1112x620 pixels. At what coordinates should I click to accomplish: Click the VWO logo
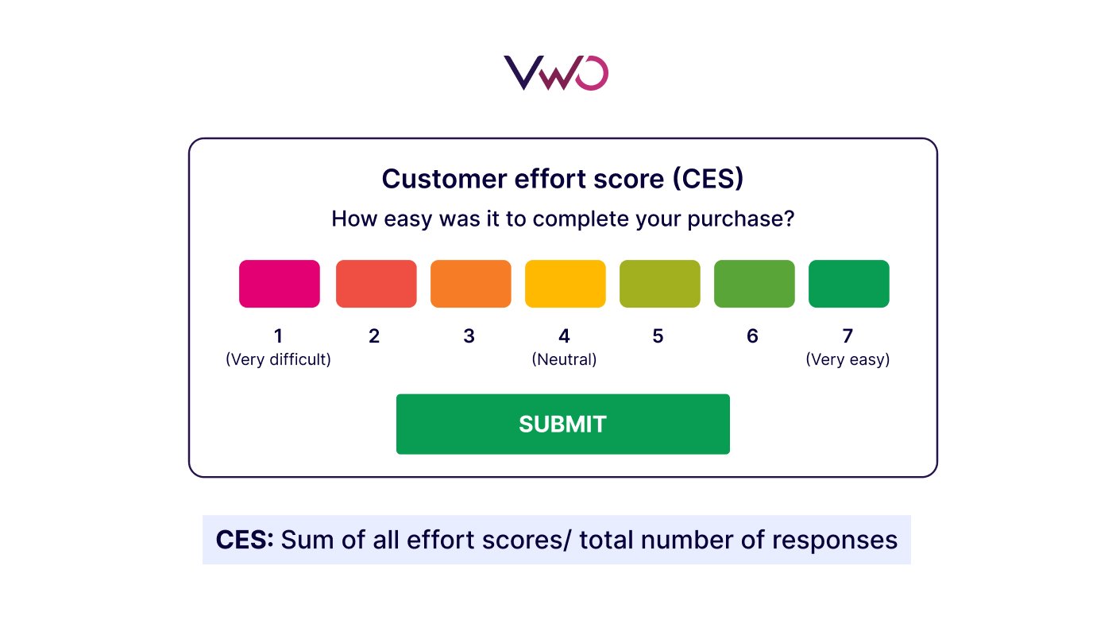tap(556, 72)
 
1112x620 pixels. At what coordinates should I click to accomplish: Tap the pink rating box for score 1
tap(280, 284)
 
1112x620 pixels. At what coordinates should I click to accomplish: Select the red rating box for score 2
tap(376, 284)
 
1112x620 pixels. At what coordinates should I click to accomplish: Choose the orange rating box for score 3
tap(470, 284)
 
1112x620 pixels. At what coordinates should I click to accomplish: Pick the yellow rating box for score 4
tap(565, 284)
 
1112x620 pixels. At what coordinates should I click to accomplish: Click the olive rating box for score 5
tap(659, 284)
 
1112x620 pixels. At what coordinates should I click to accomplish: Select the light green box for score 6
tap(754, 284)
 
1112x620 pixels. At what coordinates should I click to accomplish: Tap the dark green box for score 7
tap(848, 284)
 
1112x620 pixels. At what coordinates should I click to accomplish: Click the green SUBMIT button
tap(562, 424)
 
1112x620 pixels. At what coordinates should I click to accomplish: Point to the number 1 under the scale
tap(278, 336)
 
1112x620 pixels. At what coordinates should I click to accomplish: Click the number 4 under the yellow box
tap(564, 336)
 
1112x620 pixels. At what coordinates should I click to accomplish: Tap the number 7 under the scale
tap(848, 336)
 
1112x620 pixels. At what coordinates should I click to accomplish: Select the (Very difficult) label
tap(278, 359)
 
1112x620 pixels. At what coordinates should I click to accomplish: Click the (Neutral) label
tap(564, 359)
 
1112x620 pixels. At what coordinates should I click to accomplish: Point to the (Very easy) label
tap(848, 359)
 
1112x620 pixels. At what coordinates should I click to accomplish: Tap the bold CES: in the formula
tap(245, 541)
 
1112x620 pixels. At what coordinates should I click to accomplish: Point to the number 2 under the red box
tap(374, 336)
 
